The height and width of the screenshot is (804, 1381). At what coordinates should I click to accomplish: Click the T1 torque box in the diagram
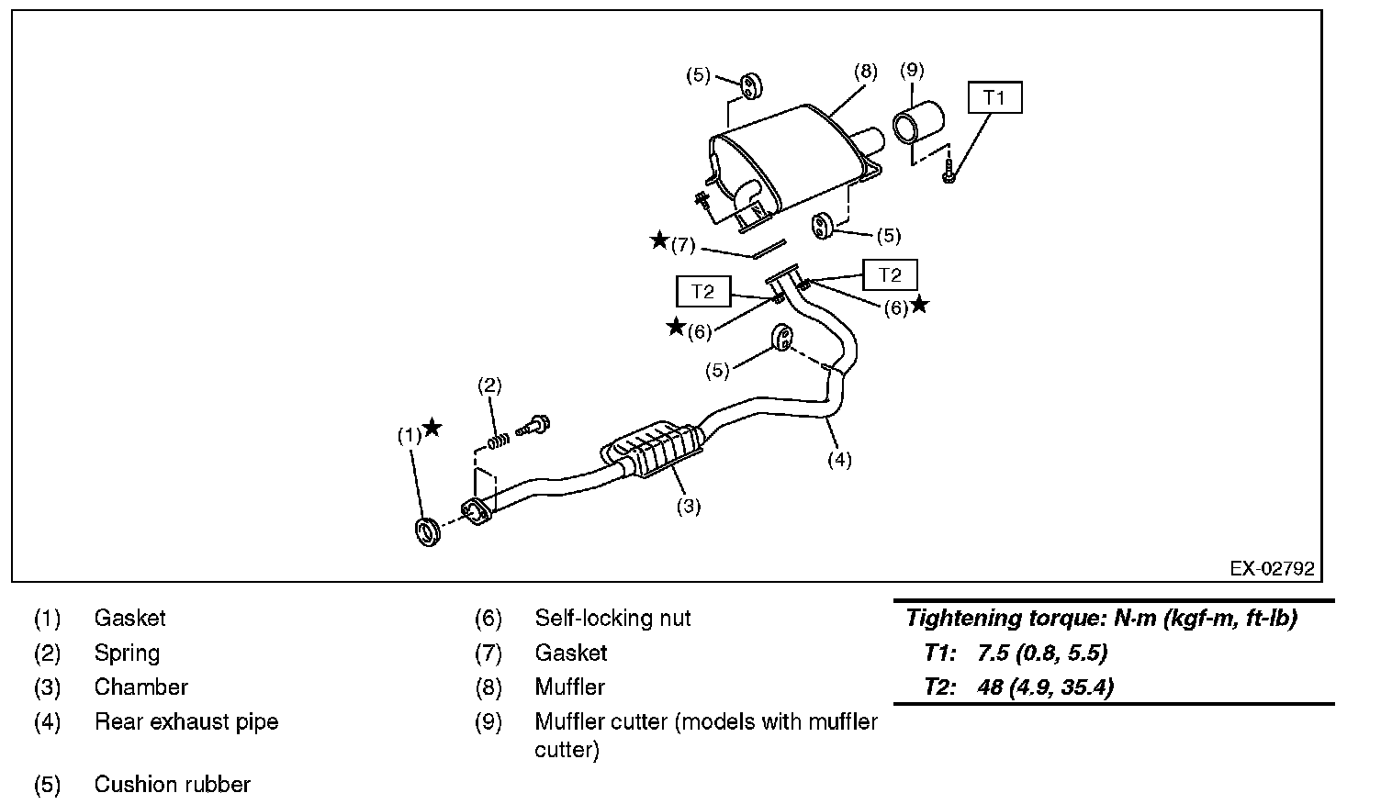coord(994,97)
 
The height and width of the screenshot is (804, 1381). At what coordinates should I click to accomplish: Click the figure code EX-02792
coord(1272,569)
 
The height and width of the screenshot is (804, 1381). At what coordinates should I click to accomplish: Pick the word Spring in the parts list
coord(127,653)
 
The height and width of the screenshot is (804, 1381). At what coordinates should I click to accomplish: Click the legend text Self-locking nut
coord(612,619)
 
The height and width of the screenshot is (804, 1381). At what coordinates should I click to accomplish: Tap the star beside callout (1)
coord(432,428)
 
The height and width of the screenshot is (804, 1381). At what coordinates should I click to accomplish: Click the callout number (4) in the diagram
coord(839,460)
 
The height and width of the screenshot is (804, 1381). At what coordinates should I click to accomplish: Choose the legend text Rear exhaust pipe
coord(186,722)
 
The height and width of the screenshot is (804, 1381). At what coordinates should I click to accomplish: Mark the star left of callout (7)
coord(658,240)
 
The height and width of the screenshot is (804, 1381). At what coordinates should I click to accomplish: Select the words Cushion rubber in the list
coord(173,785)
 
